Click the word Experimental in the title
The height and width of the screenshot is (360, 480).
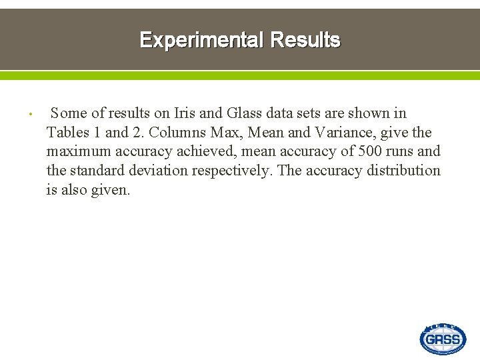click(x=202, y=40)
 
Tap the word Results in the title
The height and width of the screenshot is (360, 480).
click(x=305, y=40)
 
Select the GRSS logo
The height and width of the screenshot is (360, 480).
click(x=443, y=339)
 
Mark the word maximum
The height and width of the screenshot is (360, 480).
click(x=77, y=151)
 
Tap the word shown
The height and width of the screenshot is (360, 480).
click(x=368, y=113)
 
